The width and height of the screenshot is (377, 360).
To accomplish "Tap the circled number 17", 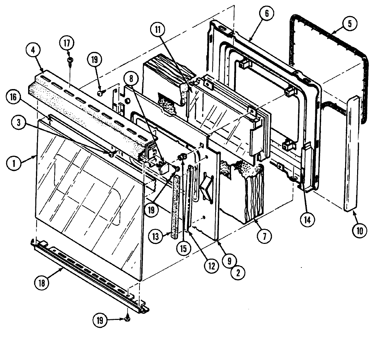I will [67, 44].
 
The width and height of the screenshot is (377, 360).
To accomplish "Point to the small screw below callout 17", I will [70, 60].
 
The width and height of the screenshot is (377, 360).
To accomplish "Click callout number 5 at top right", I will [349, 24].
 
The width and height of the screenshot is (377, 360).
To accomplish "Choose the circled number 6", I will [267, 14].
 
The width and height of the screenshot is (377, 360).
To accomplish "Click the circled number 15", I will [183, 248].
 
